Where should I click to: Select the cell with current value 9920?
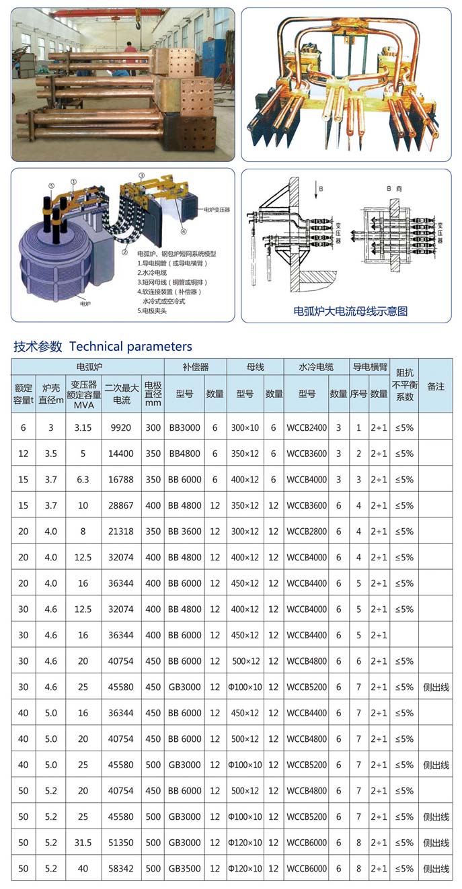click(122, 427)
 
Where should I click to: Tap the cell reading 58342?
click(122, 868)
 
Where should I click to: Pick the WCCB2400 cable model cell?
click(307, 427)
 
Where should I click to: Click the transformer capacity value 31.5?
click(83, 843)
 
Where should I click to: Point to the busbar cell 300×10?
click(245, 427)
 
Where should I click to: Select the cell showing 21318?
click(122, 531)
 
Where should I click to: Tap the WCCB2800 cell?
click(307, 531)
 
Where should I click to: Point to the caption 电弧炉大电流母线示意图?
click(351, 311)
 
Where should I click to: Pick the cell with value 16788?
click(122, 479)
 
